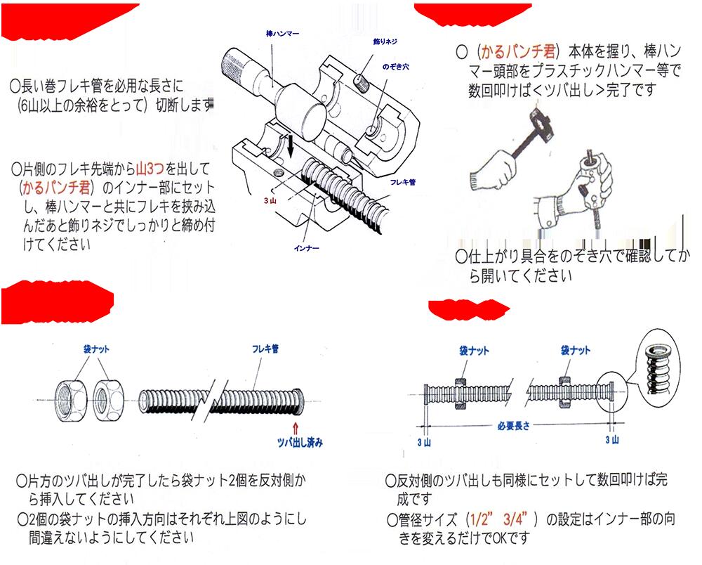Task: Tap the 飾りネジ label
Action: pyautogui.click(x=374, y=42)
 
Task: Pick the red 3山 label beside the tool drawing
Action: pyautogui.click(x=270, y=200)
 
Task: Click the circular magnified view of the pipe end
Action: pyautogui.click(x=658, y=365)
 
